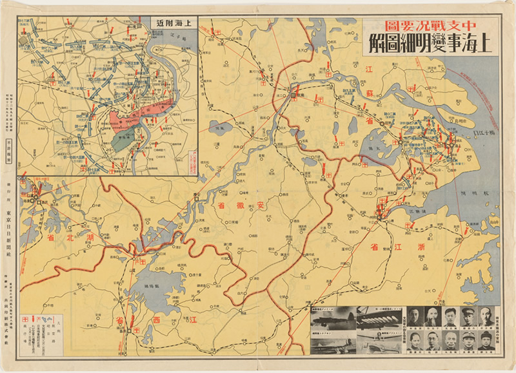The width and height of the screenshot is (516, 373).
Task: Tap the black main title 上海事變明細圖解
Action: click(429, 46)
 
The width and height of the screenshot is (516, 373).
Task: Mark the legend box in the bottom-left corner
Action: click(43, 328)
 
